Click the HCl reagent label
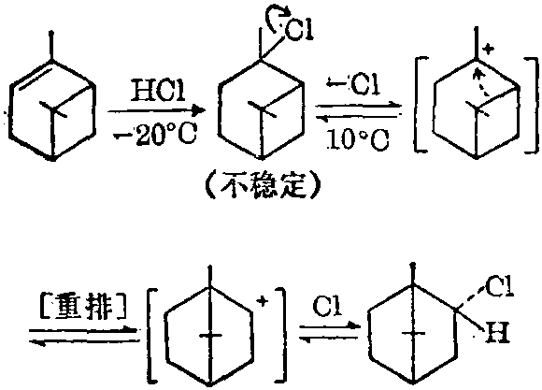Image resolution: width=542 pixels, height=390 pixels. pos(158,91)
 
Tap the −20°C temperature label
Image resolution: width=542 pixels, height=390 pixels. pos(155,135)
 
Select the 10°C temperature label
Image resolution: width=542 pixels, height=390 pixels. pos(358,139)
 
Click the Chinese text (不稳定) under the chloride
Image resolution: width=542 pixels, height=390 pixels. pos(263,187)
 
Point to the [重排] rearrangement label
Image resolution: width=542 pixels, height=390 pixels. pos(82,306)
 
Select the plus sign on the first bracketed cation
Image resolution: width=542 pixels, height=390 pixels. pos(488,50)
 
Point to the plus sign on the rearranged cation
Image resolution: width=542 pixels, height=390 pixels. pos(263,301)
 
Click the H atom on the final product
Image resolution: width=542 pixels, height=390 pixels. pos(497,333)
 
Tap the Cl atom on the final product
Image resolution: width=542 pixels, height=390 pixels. pos(499,287)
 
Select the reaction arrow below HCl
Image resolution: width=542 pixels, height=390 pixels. pos(156,110)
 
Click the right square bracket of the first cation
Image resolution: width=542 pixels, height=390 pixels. pos(533,105)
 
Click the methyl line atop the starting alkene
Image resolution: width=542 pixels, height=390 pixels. pos(51,46)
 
